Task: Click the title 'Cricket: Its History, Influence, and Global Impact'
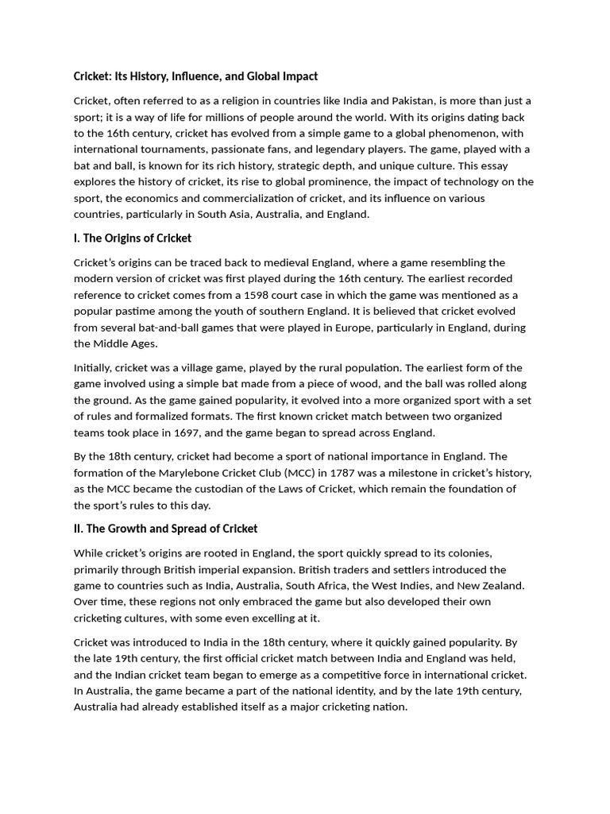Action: (195, 76)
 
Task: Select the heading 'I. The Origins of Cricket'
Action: (133, 238)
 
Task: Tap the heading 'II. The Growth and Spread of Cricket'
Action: (165, 529)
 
